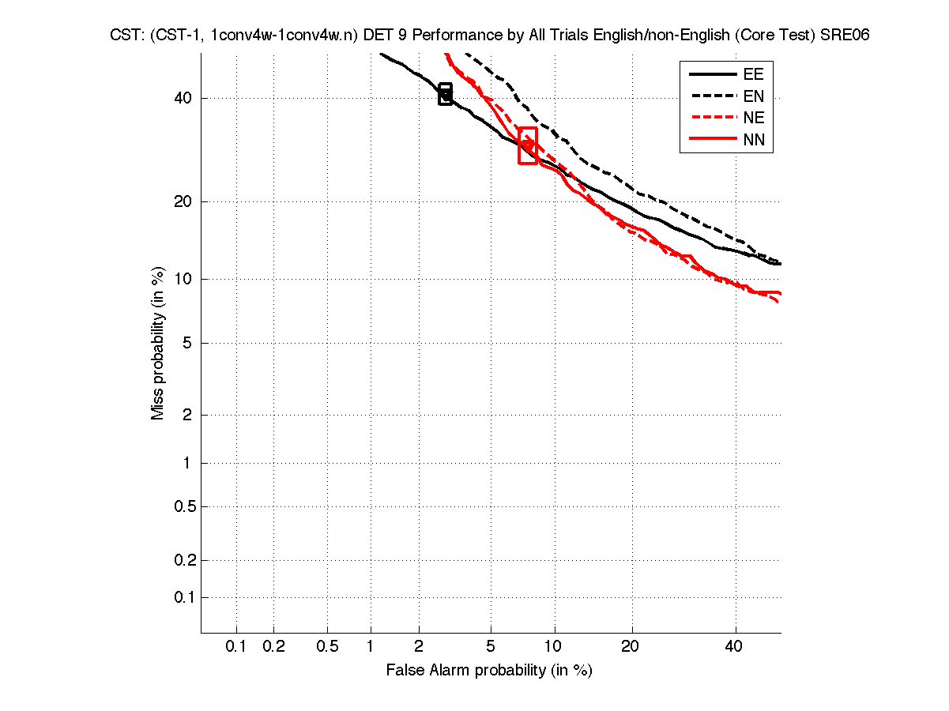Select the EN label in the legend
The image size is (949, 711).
tap(754, 96)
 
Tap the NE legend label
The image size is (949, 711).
tap(754, 118)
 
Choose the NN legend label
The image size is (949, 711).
tap(754, 141)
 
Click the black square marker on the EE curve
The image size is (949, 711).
tap(446, 94)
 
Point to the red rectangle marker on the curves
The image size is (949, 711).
tap(528, 145)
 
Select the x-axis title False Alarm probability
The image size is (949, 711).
tap(489, 671)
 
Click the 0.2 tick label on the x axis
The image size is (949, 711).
tap(273, 647)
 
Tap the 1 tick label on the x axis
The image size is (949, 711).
tap(371, 647)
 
